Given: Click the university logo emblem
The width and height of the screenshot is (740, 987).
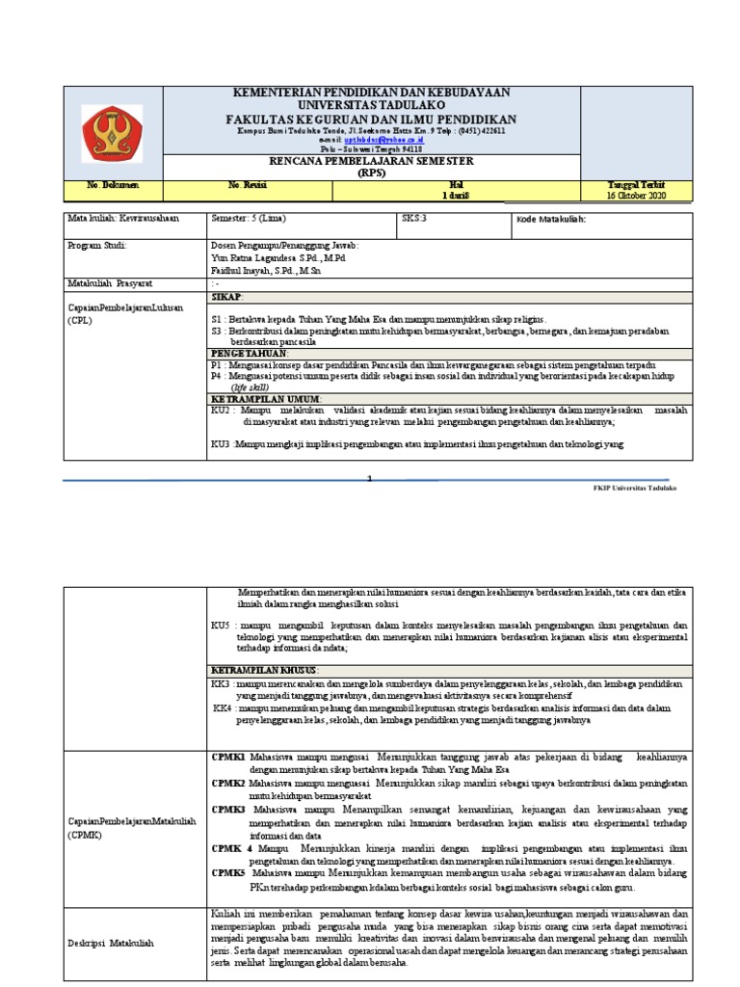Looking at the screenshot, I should (111, 132).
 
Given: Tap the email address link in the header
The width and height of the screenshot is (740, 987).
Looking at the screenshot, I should (383, 140).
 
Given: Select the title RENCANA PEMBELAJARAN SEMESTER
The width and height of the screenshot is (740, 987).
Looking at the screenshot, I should (371, 162).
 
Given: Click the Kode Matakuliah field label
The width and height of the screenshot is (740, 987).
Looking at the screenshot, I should (551, 220).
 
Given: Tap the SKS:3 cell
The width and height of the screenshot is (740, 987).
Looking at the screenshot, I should (414, 219).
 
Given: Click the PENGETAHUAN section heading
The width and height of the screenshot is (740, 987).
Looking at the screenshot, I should (250, 354).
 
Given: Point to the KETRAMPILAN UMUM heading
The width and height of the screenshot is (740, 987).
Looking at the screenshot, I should (266, 398).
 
